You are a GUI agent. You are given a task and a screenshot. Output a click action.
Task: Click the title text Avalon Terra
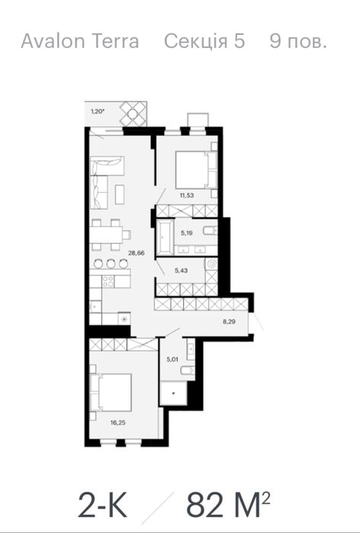click(80, 41)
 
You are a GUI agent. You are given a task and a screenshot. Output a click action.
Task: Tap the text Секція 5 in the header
click(204, 41)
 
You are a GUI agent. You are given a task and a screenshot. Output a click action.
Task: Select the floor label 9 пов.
click(298, 41)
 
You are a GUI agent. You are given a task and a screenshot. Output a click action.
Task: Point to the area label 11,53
click(187, 195)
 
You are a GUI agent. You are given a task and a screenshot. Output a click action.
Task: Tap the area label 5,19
click(187, 233)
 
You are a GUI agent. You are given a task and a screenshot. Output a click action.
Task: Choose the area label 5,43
click(182, 271)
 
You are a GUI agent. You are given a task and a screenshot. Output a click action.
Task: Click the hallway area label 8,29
click(230, 321)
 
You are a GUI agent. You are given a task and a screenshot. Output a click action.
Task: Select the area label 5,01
click(172, 359)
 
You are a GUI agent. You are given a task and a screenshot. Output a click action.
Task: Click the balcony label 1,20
click(98, 111)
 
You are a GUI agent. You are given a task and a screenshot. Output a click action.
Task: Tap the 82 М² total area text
click(228, 507)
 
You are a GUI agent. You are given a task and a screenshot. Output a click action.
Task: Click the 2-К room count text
click(103, 507)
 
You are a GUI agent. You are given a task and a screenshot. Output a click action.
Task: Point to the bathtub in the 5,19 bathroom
click(166, 237)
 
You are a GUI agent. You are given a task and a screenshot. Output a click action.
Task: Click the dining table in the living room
click(107, 235)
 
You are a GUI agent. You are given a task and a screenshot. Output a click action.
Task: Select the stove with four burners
click(108, 281)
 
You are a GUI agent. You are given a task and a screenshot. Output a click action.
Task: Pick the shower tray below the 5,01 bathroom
click(173, 393)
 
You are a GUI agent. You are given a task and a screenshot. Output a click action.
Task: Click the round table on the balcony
click(133, 114)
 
